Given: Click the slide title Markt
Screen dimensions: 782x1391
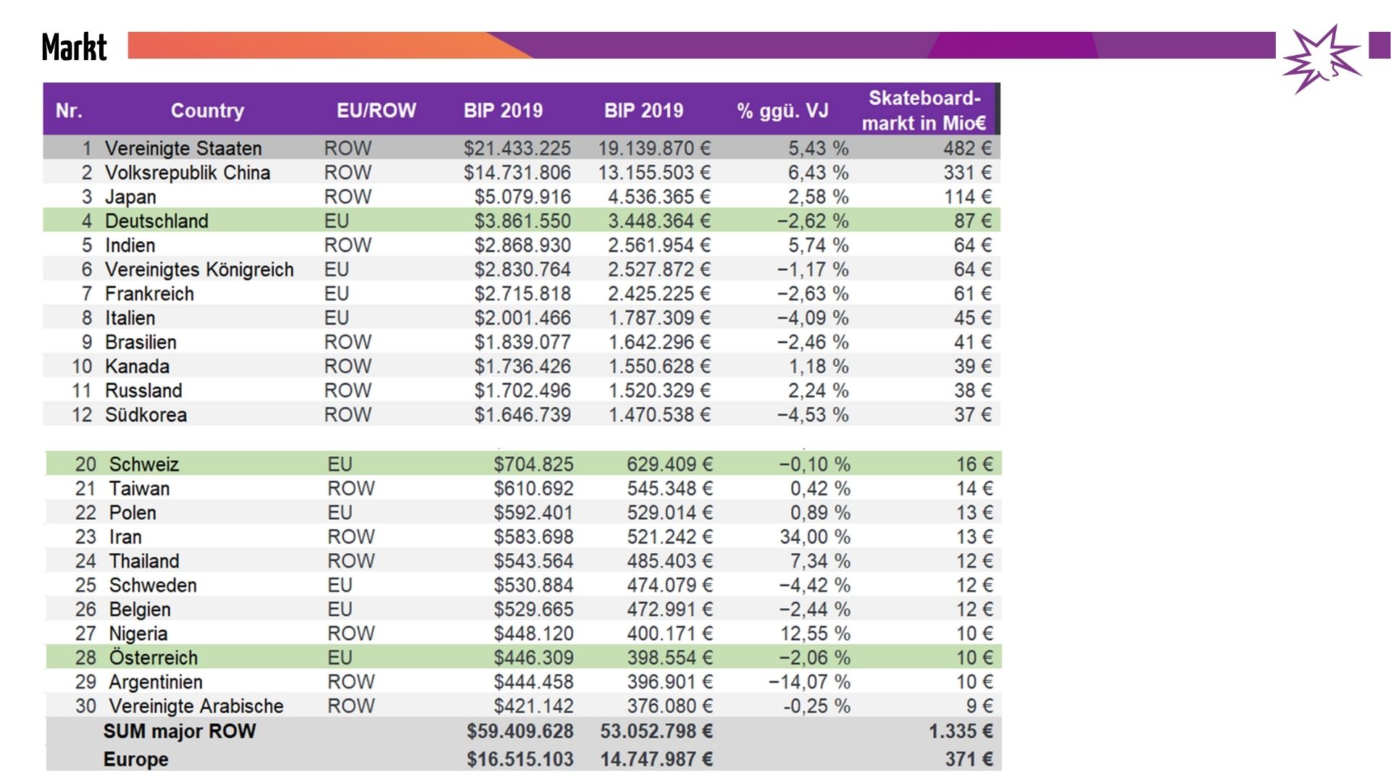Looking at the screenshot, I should click(74, 48).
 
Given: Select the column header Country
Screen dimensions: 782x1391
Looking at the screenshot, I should click(207, 111).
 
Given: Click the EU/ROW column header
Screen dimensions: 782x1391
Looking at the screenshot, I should click(376, 111).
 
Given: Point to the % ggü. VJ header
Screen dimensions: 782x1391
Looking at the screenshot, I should click(782, 111).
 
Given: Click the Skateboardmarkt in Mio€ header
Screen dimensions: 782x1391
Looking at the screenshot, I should click(924, 111).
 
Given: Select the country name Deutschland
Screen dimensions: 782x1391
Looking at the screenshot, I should click(156, 221).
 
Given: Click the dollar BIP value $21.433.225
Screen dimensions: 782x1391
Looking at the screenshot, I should click(517, 148).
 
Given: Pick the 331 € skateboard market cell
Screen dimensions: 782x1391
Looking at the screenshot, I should click(967, 172).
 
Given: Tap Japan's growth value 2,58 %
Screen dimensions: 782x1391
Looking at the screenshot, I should click(818, 197).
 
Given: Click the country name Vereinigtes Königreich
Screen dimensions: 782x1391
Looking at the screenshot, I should click(199, 269).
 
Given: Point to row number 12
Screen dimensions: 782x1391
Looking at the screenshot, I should click(82, 415).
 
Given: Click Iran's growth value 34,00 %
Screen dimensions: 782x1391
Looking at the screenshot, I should click(814, 537).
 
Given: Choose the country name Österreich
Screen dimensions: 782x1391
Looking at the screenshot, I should click(153, 657).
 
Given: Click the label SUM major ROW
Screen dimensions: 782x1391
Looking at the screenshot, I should click(180, 731).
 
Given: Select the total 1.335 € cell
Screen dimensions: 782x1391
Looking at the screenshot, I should click(960, 731).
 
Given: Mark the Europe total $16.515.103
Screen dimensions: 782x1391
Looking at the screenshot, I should click(519, 759).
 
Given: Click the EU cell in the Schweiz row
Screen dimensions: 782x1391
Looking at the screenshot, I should click(340, 464).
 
